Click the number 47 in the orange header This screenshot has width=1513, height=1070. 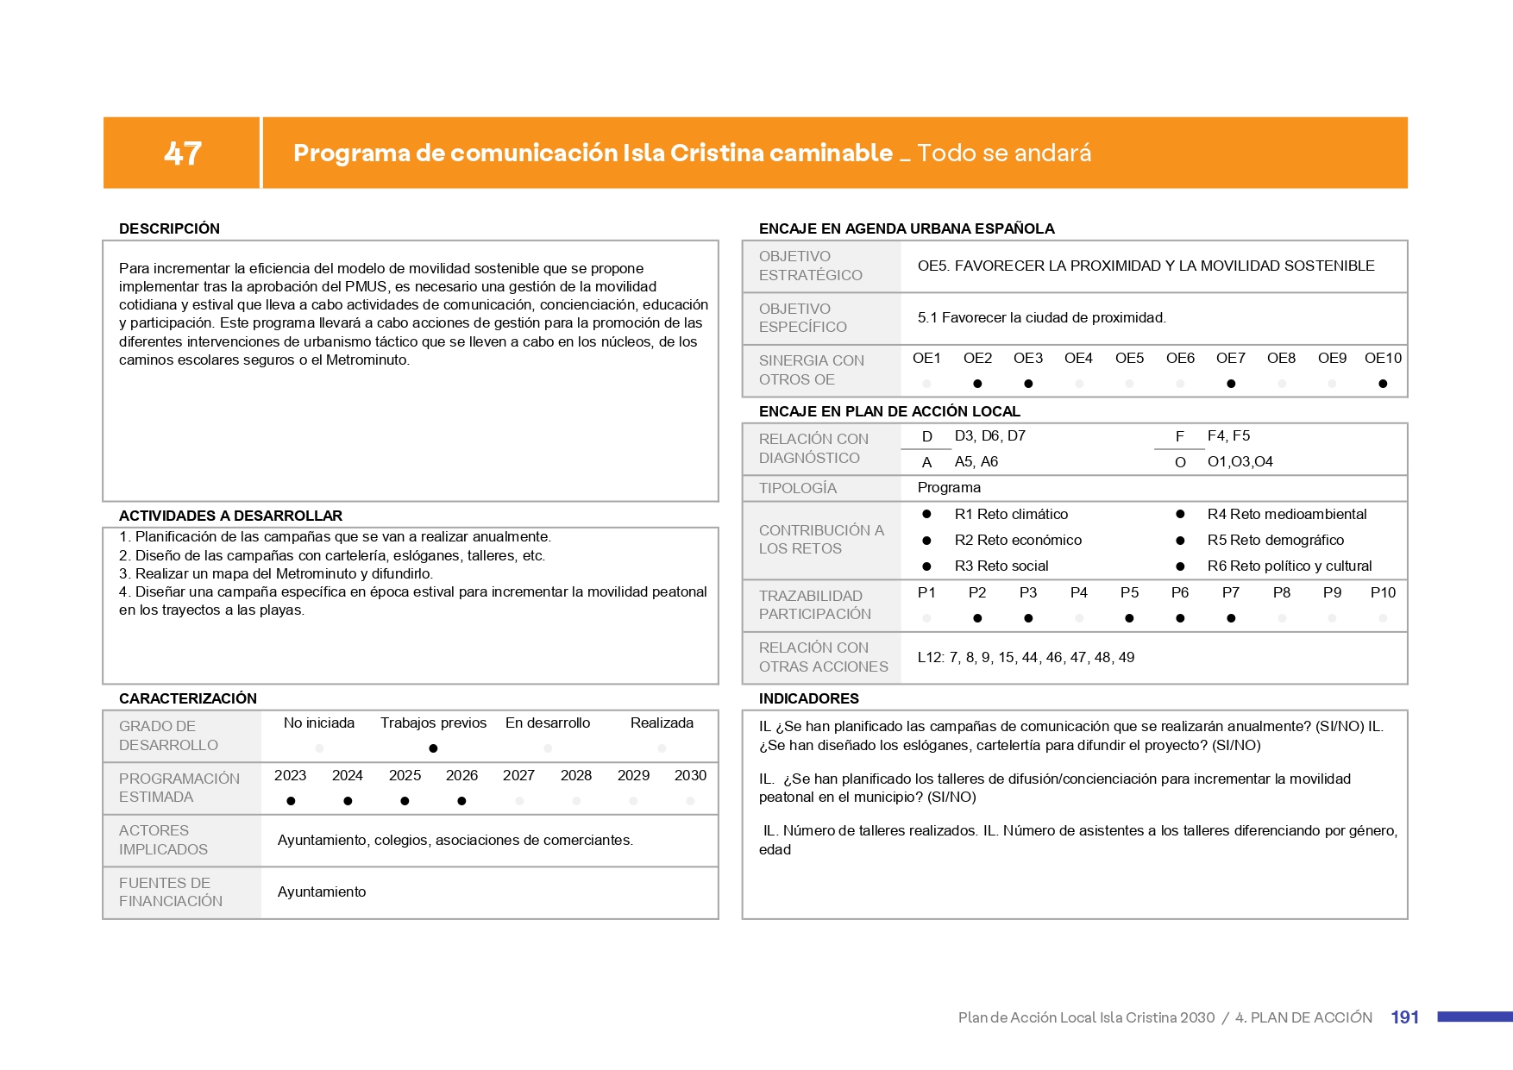click(183, 153)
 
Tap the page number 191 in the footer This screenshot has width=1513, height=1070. click(1404, 1017)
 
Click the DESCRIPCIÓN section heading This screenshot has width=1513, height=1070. click(169, 228)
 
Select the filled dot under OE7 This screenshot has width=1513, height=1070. click(1231, 384)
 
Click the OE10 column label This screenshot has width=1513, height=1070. click(1383, 358)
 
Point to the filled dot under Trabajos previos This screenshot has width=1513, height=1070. click(433, 748)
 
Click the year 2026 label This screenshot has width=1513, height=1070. click(461, 775)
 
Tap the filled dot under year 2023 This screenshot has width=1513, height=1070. click(291, 801)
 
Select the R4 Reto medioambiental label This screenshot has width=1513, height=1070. click(1286, 514)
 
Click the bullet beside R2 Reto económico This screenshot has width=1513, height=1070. click(926, 541)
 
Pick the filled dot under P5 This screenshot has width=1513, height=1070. click(1129, 618)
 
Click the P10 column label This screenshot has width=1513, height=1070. click(1383, 592)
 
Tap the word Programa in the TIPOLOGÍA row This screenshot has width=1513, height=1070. click(949, 487)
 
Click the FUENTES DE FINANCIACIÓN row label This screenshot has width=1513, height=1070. click(171, 892)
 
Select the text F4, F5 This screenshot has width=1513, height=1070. click(1228, 435)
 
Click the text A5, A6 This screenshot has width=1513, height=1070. click(976, 461)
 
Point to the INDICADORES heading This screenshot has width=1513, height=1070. click(808, 698)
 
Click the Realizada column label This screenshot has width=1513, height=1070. click(662, 723)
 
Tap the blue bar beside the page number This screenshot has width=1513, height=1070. click(1474, 1017)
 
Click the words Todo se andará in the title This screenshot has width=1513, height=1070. click(1004, 153)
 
